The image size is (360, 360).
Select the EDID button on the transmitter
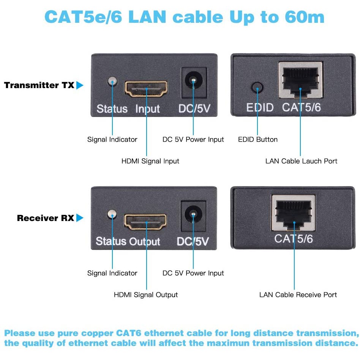pos(257,88)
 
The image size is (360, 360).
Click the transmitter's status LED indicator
pos(112,81)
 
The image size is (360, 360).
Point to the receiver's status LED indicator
pos(112,215)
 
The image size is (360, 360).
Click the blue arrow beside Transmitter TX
pos(79,85)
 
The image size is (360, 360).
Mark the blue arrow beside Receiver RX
pos(79,218)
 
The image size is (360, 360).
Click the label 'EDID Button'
pos(258,139)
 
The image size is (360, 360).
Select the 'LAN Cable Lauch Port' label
pos(301,161)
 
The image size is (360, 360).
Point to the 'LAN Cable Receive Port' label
pos(298,295)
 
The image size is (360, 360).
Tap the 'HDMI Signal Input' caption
pos(150,161)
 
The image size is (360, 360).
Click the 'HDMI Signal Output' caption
pos(146,295)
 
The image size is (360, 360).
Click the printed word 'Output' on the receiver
pos(145,242)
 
